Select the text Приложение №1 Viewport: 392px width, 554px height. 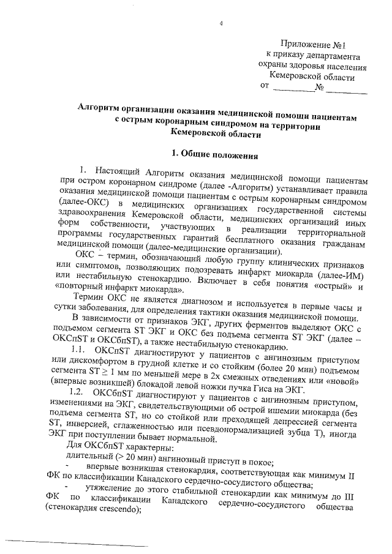tap(313, 45)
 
